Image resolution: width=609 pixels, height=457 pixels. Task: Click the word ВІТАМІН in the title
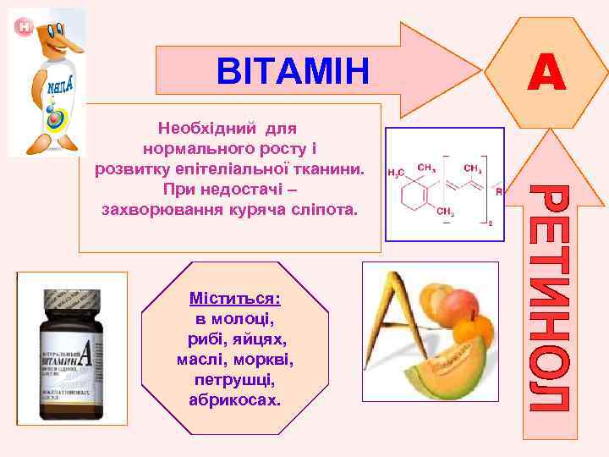[x=293, y=71]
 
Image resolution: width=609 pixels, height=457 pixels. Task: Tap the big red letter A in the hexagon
[x=546, y=71]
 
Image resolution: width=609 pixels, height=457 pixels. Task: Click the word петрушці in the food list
[x=235, y=378]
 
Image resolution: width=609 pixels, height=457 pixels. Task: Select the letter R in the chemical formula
[x=498, y=192]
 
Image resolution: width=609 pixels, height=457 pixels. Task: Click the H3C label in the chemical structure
[x=395, y=173]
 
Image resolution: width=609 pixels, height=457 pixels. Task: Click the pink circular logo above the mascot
[x=22, y=26]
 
